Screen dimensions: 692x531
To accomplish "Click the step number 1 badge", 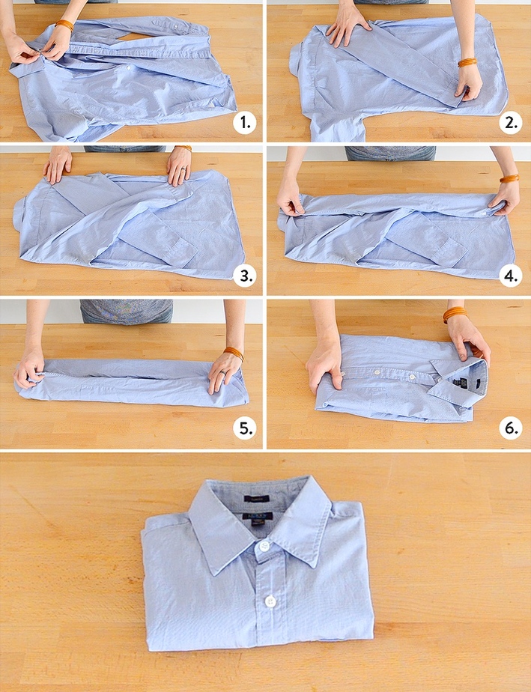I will coord(244,123).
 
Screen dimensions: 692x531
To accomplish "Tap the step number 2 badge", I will coord(511,123).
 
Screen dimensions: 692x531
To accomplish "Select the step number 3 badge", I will coord(244,275).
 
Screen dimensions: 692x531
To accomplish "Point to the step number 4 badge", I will coord(511,275).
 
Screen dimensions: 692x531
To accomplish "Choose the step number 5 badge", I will coord(244,428).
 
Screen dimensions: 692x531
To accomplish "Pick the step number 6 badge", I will coord(511,428).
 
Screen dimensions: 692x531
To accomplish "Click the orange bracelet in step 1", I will coord(64,25).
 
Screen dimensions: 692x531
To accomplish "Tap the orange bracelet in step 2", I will coord(468,62).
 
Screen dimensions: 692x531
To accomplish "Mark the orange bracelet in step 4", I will coord(510,178).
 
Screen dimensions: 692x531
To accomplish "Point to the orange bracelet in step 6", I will coord(454,313).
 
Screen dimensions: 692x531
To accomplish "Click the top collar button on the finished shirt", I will coord(264,547).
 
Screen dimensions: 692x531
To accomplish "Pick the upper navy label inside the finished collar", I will coord(256,497).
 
